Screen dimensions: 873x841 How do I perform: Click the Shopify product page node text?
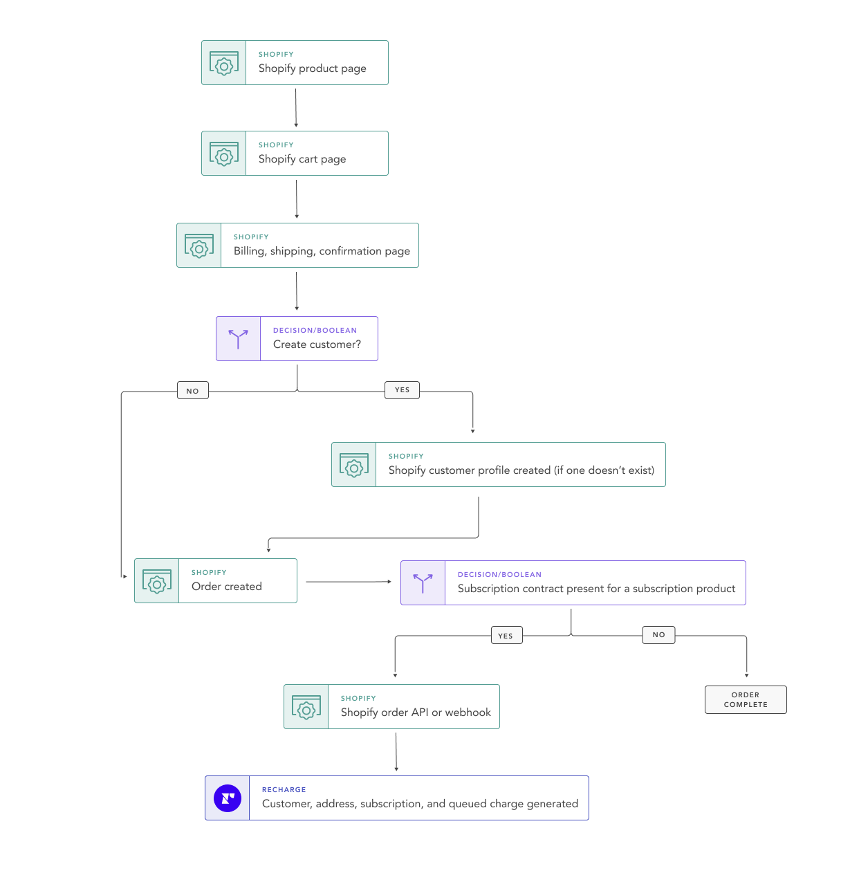coord(312,68)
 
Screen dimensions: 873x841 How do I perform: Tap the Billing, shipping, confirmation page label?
coord(322,251)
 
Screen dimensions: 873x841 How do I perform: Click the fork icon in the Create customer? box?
coord(238,339)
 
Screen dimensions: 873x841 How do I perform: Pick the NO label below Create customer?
coord(192,391)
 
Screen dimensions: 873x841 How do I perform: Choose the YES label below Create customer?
coord(402,390)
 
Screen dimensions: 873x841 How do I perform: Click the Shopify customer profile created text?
coord(521,470)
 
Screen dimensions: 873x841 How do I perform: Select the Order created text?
coord(226,587)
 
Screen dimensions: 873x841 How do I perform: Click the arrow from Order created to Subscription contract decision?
coord(349,582)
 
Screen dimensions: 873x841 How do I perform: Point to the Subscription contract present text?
coord(596,589)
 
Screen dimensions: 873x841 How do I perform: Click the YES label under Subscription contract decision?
coord(506,636)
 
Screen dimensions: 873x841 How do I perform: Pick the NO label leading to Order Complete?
coord(658,634)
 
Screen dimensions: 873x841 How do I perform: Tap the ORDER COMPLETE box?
coord(746,699)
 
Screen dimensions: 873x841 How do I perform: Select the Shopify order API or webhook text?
coord(415,713)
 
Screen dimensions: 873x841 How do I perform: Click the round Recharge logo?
coord(228,798)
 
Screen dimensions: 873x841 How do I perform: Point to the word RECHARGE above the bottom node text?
coord(284,789)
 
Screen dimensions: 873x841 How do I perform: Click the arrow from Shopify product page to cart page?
coord(296,107)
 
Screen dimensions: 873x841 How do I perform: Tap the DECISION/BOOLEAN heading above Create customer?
coord(315,331)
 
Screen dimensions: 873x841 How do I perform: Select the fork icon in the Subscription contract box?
coord(423,583)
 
